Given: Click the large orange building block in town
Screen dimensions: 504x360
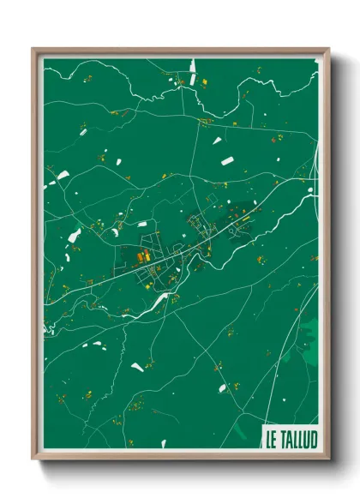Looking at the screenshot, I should (143, 255).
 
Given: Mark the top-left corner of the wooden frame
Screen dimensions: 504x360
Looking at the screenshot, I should (33, 48).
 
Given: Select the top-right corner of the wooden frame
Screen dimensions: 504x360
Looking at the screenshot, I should (329, 48).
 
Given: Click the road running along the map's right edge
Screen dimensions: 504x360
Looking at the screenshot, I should (317, 171).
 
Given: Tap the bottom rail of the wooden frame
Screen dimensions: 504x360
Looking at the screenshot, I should (180, 456).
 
